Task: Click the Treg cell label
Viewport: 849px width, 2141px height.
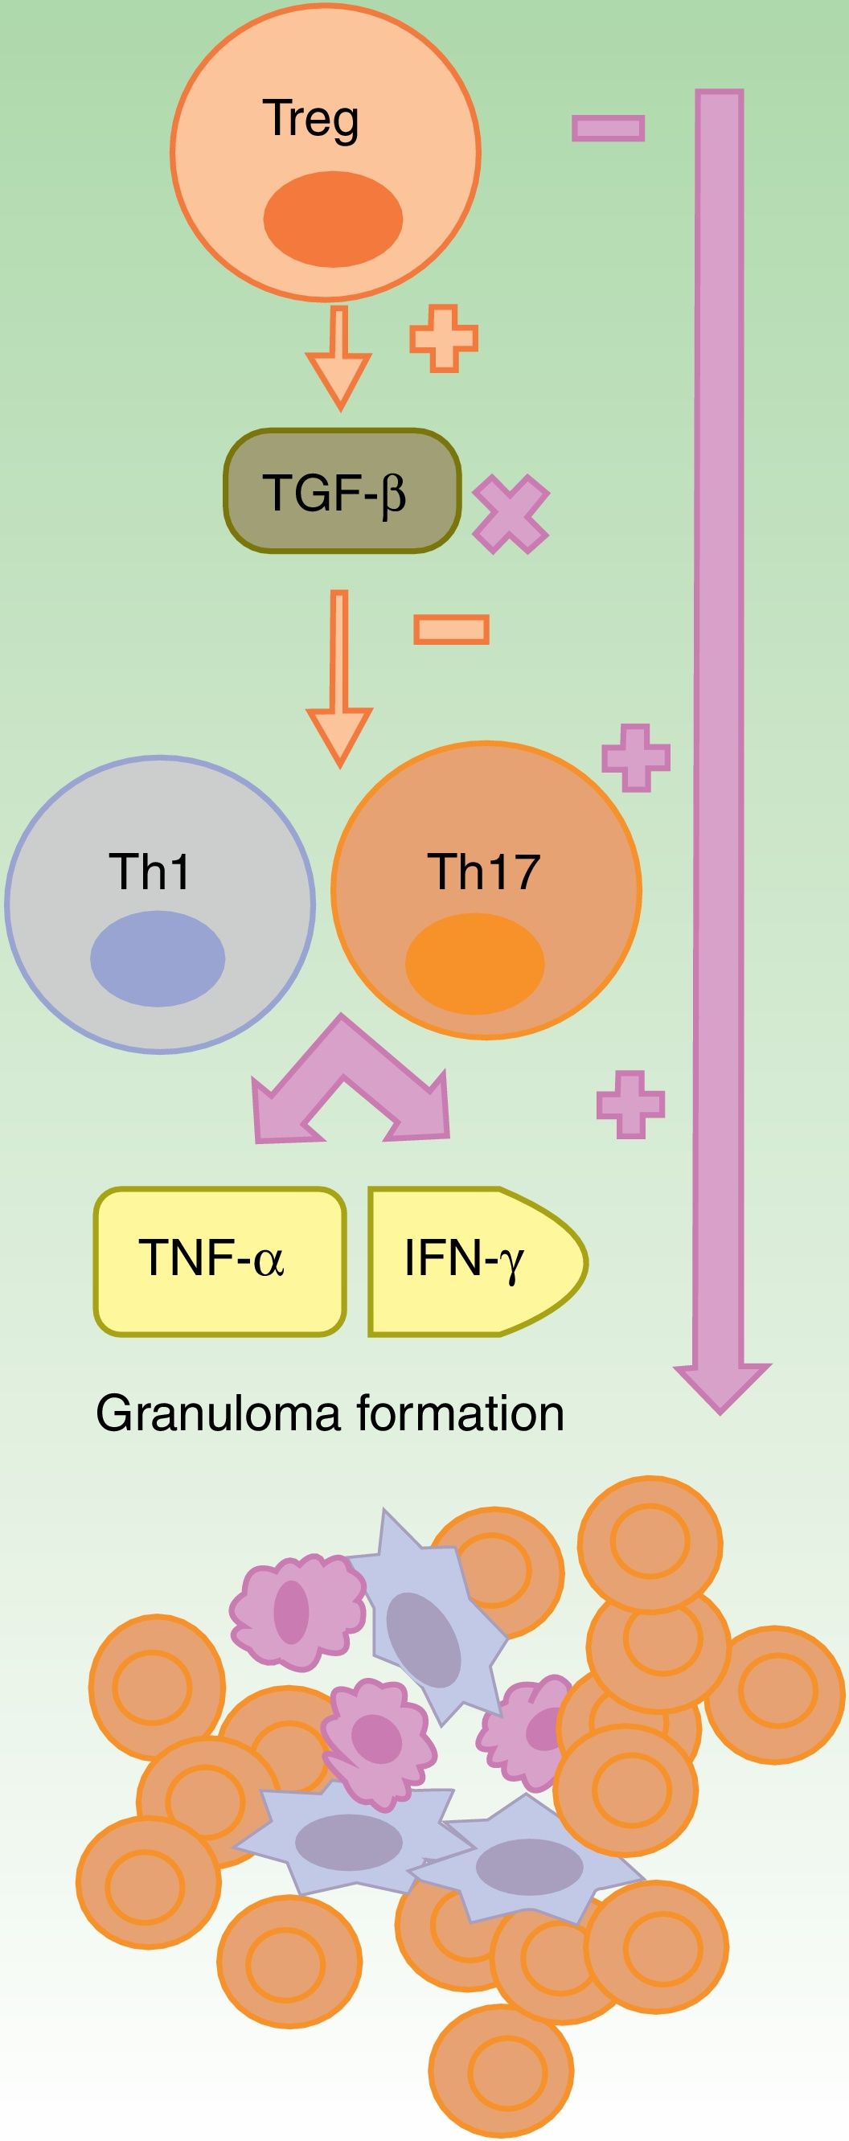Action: click(x=311, y=120)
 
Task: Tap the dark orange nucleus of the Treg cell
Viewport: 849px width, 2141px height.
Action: click(x=333, y=219)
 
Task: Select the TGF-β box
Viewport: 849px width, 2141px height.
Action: click(x=342, y=491)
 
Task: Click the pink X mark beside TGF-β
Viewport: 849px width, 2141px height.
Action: click(x=511, y=515)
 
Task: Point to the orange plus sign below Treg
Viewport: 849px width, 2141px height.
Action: click(x=444, y=338)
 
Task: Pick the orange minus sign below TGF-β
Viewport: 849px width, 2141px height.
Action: click(x=451, y=630)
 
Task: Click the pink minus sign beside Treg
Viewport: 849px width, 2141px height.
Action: click(x=608, y=127)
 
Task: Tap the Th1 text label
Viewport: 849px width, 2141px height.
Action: click(x=150, y=872)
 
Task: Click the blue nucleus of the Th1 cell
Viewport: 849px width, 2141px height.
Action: click(x=158, y=958)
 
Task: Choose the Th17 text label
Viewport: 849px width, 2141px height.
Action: click(x=483, y=872)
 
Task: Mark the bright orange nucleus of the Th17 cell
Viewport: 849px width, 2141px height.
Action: click(x=474, y=964)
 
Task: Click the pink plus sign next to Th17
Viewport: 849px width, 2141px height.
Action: click(x=635, y=757)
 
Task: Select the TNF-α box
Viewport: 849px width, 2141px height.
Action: click(x=219, y=1261)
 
